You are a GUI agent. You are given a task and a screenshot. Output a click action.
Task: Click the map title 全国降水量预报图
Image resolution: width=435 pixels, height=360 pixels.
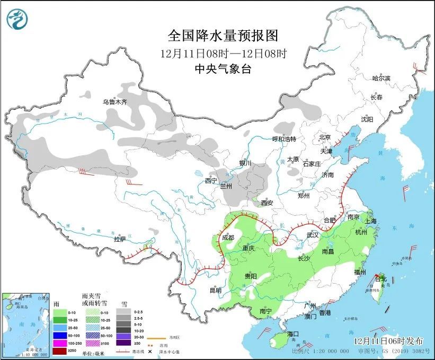point(223,36)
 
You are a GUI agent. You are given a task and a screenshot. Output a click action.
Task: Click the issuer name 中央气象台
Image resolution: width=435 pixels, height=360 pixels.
point(223,68)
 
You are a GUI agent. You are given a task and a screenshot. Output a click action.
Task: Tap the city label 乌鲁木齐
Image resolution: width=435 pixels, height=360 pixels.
point(115,102)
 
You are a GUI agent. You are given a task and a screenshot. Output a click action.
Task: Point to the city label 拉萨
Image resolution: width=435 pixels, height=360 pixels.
point(120,239)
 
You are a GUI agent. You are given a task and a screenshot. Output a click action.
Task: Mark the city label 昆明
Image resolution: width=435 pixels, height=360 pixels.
point(215,290)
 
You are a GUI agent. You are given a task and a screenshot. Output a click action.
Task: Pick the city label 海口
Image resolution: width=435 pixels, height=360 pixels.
point(294,333)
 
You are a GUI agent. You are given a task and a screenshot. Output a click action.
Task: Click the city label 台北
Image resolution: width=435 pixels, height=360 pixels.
point(381,278)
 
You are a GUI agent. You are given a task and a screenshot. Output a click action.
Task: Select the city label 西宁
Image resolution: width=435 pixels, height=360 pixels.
point(211,180)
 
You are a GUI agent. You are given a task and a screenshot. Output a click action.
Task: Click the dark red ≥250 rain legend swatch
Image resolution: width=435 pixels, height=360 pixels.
point(59,351)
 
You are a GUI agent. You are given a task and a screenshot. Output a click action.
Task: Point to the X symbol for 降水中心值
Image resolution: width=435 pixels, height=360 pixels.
point(150,351)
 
